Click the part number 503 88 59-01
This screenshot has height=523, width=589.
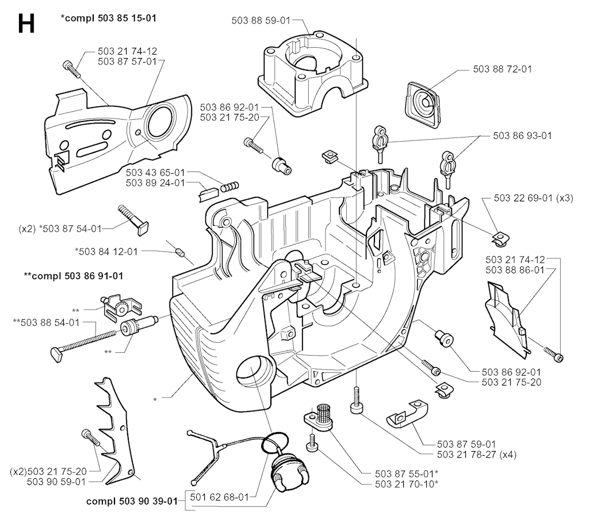point(261,20)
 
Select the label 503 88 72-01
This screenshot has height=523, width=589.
point(502,68)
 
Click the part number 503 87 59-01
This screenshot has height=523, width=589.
point(467,444)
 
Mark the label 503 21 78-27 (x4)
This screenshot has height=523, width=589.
point(477,454)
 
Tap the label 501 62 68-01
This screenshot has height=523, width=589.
point(221,497)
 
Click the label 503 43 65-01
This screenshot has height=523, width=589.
point(155,173)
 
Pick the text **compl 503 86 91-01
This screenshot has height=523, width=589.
point(73,276)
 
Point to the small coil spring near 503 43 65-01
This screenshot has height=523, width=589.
point(230,187)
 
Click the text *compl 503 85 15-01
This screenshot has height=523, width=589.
point(109,18)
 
